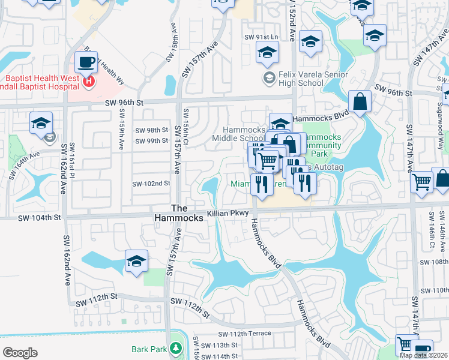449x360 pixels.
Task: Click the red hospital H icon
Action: [x=89, y=81]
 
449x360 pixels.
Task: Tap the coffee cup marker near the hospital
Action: [x=86, y=62]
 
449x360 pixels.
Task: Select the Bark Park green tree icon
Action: [x=175, y=349]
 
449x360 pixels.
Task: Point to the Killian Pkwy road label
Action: [x=228, y=213]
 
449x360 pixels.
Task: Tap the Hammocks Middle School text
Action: [x=244, y=134]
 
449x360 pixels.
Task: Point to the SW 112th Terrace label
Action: [x=244, y=334]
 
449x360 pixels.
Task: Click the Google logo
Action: [x=20, y=352]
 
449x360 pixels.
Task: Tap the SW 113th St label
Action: [x=220, y=346]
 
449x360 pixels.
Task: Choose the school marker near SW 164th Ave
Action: [x=41, y=123]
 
